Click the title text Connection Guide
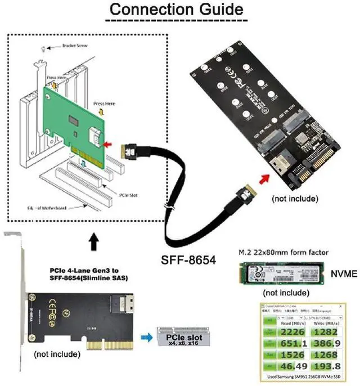(x=176, y=10)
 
